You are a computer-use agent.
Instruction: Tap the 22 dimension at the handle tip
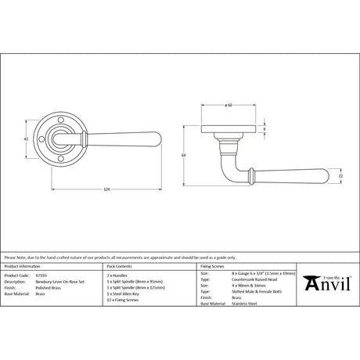click(x=340, y=177)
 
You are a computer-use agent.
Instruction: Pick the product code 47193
click(x=52, y=276)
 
